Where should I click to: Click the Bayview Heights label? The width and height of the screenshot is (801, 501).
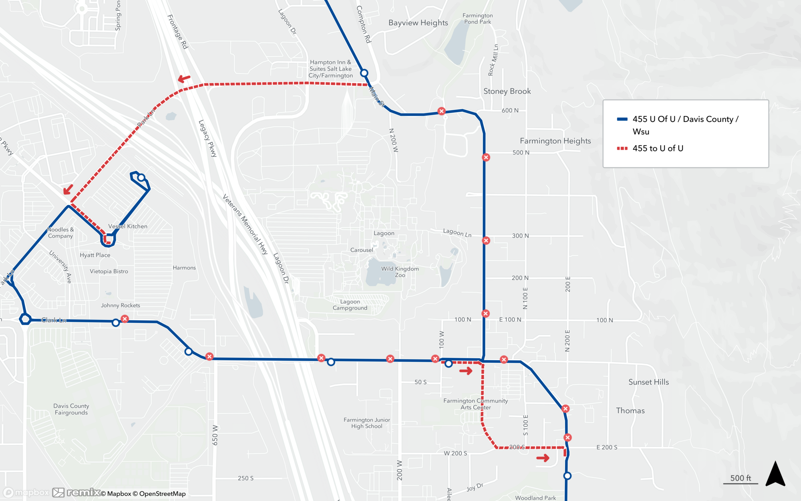418,23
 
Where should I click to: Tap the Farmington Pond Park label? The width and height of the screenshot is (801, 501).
477,19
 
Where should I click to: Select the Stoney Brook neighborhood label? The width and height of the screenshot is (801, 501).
507,91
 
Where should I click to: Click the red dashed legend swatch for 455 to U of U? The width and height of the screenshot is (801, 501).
622,148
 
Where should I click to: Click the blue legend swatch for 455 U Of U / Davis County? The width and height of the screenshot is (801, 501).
622,119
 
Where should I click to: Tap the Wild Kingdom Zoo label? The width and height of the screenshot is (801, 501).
400,272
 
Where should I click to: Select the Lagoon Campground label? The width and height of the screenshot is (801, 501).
350,305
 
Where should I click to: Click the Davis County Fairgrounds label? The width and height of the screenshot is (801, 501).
71,409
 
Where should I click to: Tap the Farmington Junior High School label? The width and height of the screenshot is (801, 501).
366,423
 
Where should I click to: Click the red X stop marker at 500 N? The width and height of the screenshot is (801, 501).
486,158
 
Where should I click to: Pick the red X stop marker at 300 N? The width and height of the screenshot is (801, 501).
486,240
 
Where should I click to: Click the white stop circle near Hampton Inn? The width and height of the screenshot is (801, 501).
364,73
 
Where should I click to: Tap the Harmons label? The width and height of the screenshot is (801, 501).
184,268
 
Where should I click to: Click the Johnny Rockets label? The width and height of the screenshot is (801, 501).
120,305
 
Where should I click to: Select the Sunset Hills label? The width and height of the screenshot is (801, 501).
648,382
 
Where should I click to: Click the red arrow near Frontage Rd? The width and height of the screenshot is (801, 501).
184,79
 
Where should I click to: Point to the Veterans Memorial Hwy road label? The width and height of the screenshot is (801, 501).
245,224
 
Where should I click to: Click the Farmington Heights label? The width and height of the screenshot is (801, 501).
555,141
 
